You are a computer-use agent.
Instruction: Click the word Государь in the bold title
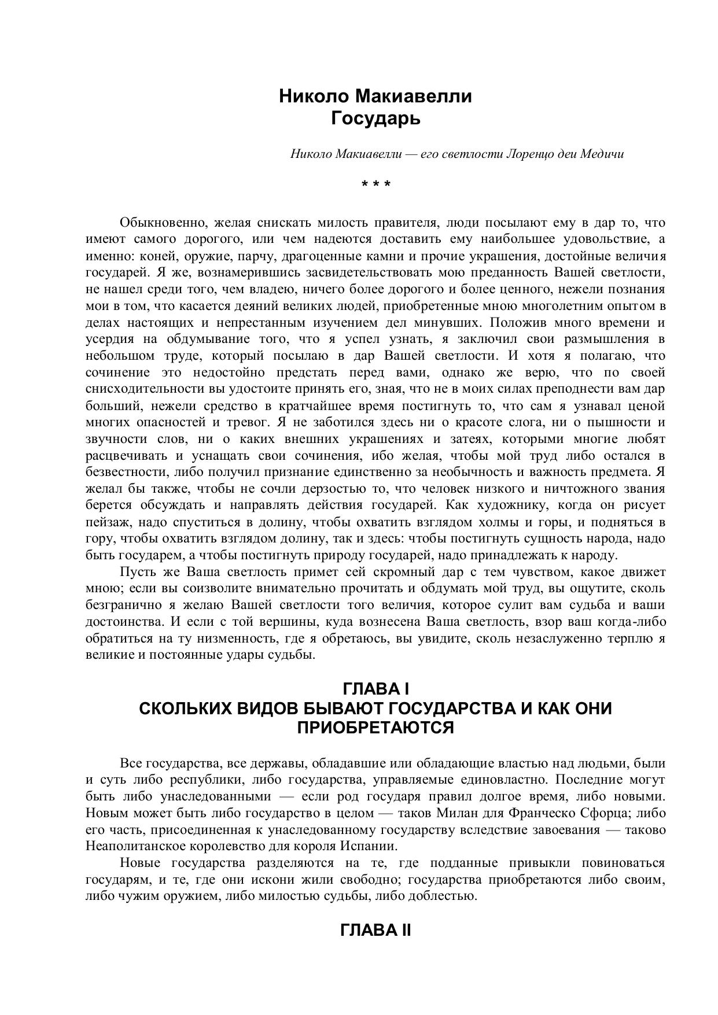(x=375, y=119)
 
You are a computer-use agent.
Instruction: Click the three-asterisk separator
(x=375, y=184)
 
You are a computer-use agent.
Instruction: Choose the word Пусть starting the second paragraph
(x=137, y=573)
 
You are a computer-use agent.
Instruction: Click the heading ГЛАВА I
(x=375, y=689)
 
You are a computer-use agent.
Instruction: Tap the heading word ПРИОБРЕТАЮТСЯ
(x=375, y=728)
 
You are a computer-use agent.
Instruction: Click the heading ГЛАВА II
(x=375, y=931)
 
